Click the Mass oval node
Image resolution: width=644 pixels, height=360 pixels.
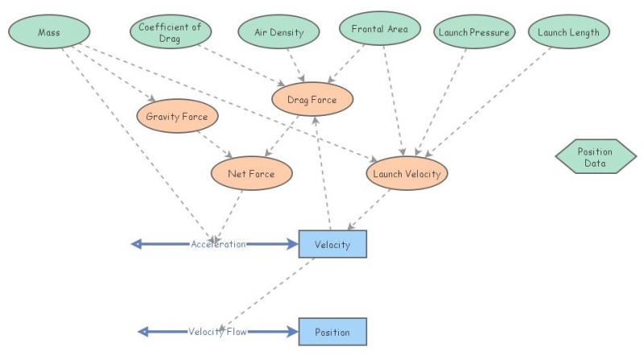tap(49, 32)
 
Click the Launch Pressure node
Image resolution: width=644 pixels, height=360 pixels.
tap(473, 32)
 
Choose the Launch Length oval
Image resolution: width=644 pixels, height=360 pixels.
tap(569, 32)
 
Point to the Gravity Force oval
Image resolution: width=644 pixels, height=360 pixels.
tap(176, 117)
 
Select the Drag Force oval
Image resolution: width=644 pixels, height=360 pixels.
tap(311, 100)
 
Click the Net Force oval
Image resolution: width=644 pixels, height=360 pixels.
tap(251, 173)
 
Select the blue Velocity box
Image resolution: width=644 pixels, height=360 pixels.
tap(332, 244)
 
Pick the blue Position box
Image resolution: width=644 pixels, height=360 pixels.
tap(332, 331)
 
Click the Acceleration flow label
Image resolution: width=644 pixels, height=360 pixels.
tap(217, 244)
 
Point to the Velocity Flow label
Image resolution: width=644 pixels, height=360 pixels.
tap(217, 331)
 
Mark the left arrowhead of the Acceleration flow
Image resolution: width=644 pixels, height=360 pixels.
tap(137, 244)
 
